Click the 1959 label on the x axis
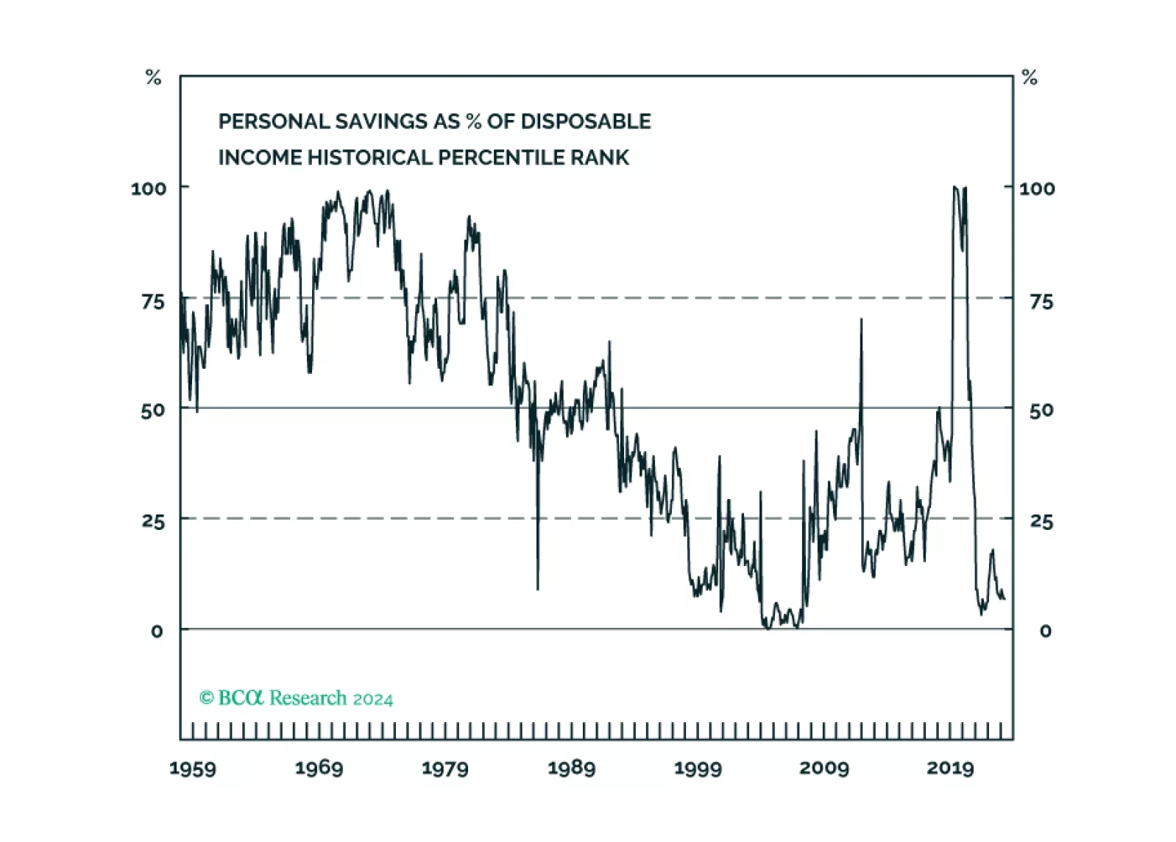[193, 768]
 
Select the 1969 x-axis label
[319, 768]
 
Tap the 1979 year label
[444, 768]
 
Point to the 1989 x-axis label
[571, 768]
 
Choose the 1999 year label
[698, 768]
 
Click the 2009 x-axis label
[823, 768]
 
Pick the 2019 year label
[950, 768]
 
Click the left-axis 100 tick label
[149, 188]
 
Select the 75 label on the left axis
[153, 302]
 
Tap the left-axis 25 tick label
[153, 522]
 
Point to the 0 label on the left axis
[157, 631]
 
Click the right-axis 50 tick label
[1041, 411]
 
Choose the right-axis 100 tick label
[1036, 188]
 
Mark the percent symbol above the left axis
[153, 77]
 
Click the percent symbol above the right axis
[1030, 77]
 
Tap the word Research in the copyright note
[308, 698]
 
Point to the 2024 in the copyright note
[372, 699]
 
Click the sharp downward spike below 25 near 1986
[537, 581]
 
